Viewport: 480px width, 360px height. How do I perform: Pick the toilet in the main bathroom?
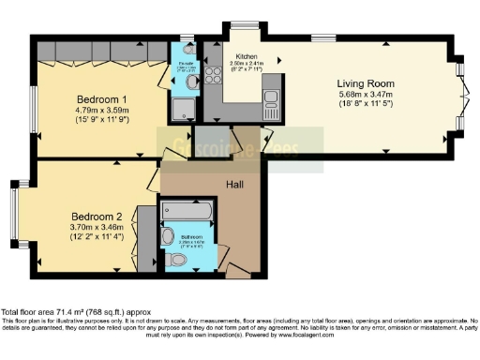pos(177,258)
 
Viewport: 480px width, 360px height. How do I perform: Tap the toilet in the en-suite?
pos(192,82)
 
